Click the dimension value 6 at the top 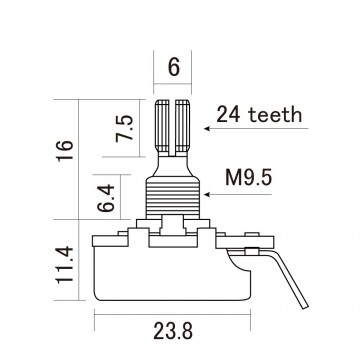coord(174,67)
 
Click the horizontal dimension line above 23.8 coord(174,312)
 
